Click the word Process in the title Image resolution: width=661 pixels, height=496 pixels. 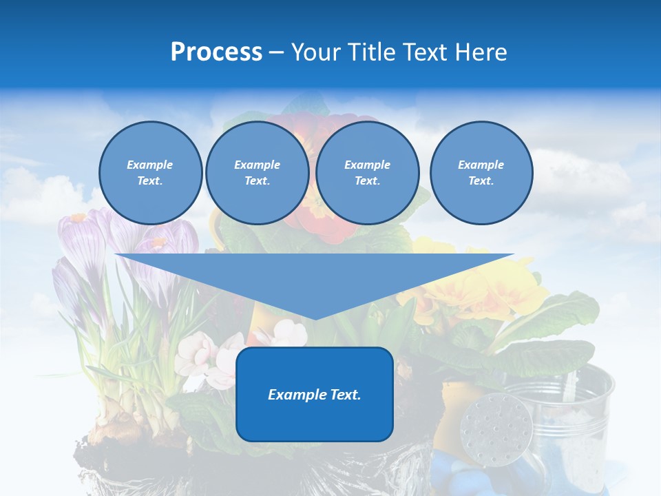pyautogui.click(x=216, y=52)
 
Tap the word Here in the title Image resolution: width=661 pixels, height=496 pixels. pyautogui.click(x=481, y=52)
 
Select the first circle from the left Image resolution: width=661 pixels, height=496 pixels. pyautogui.click(x=150, y=173)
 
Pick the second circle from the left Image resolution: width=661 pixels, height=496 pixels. pyautogui.click(x=257, y=173)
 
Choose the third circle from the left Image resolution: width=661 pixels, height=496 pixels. pyautogui.click(x=367, y=173)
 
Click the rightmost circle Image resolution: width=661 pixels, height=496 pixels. pyautogui.click(x=481, y=173)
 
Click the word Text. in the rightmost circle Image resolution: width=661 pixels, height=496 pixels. pyautogui.click(x=481, y=181)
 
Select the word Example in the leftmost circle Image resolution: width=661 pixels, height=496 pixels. pyautogui.click(x=150, y=165)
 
